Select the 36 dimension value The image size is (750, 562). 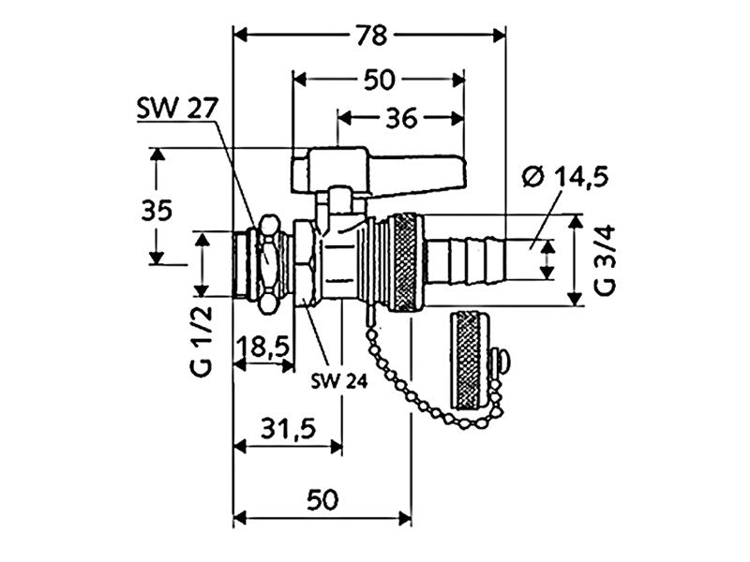click(398, 118)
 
